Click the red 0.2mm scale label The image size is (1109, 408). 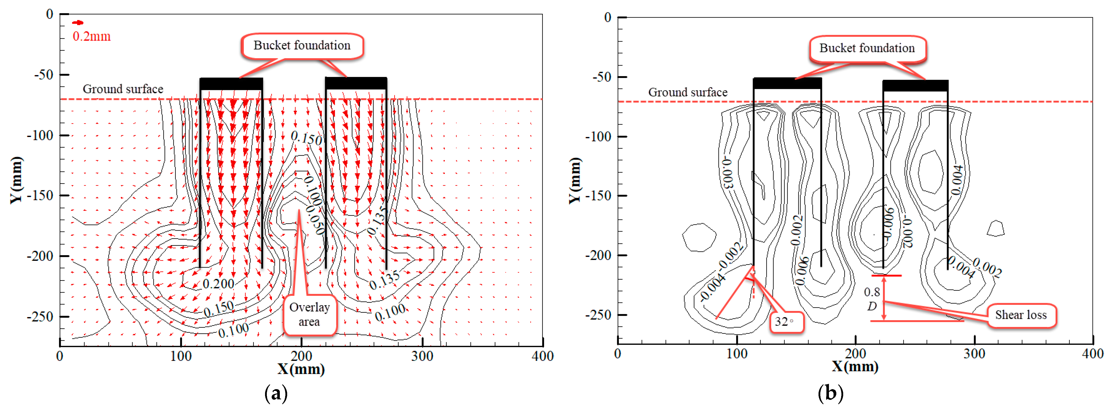pyautogui.click(x=91, y=36)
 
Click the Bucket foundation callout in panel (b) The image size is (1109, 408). pyautogui.click(x=867, y=48)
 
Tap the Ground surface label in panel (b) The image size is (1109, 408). pyautogui.click(x=688, y=92)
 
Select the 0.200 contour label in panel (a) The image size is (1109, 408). pyautogui.click(x=218, y=284)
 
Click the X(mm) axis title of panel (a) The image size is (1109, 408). pyautogui.click(x=301, y=369)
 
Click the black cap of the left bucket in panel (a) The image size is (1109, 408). pyautogui.click(x=231, y=84)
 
